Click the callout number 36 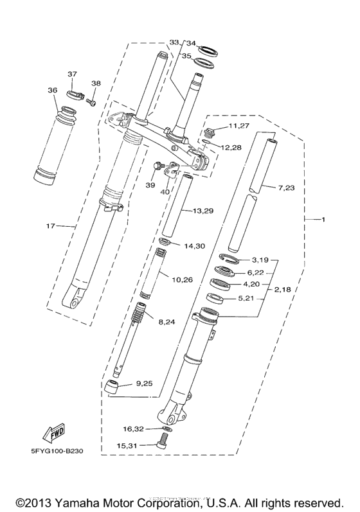(x=53, y=91)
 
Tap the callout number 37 (x=73, y=74)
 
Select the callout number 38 (x=96, y=84)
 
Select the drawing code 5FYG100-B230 (x=58, y=451)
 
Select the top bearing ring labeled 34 (x=208, y=49)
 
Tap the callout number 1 (x=323, y=220)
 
